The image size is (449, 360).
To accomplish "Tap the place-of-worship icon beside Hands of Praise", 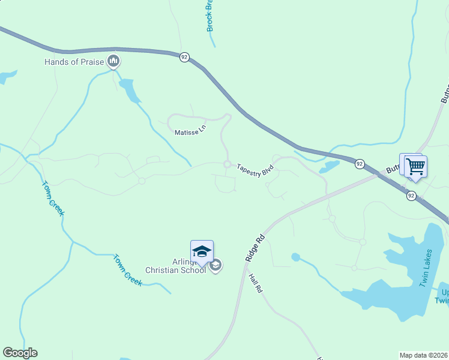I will coord(113,61).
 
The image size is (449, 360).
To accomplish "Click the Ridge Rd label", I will coord(255,247).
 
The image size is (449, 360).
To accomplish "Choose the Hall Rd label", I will coord(255,284).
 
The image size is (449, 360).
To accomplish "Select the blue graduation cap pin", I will coord(202,251).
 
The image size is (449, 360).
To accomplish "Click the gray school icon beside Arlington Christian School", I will coord(215,265).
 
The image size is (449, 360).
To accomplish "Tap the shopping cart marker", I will coord(415,167).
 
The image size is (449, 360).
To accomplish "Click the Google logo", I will coord(20,353).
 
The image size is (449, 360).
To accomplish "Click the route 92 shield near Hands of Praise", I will coord(184,57).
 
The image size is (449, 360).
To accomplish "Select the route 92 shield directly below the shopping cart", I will coord(411,196).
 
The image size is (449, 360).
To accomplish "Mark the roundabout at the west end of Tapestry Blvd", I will coord(228,164).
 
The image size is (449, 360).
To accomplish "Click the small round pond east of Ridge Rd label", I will coord(295,257).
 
